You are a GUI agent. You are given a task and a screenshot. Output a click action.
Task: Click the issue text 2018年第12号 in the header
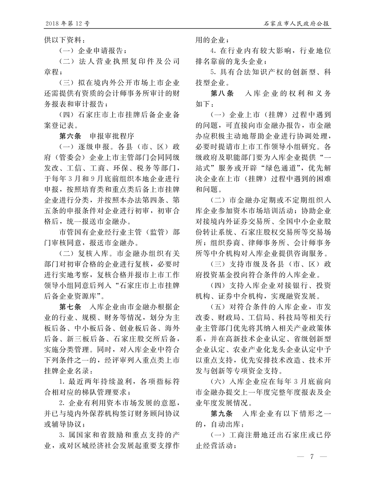pyautogui.click(x=67, y=24)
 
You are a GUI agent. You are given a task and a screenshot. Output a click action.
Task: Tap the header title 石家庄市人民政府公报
pyautogui.click(x=297, y=24)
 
